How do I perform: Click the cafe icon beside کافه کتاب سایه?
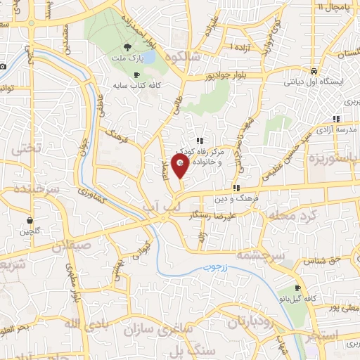point(137,75)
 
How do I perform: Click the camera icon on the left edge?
point(4,67)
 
